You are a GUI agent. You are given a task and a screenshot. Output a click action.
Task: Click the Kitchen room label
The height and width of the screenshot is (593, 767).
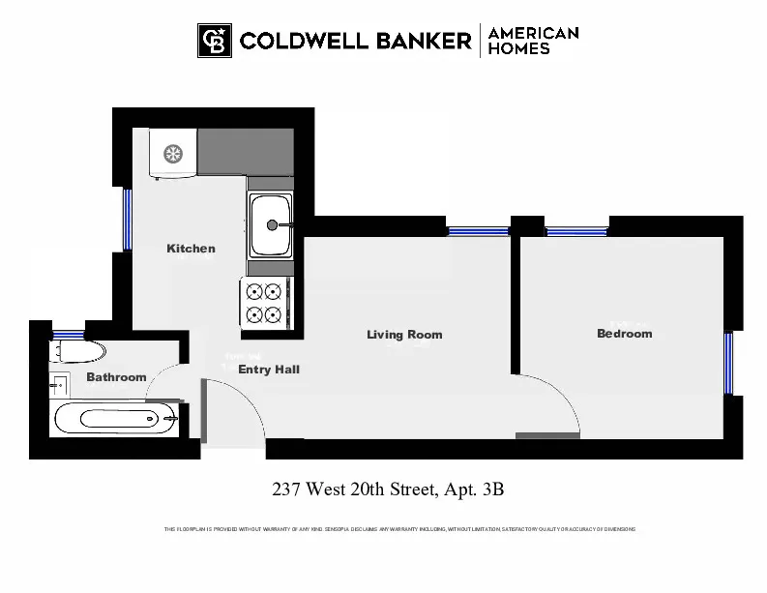click(x=191, y=249)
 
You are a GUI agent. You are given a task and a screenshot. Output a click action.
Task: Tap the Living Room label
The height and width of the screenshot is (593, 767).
click(x=404, y=335)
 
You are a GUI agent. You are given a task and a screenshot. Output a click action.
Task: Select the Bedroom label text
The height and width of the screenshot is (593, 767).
click(x=624, y=334)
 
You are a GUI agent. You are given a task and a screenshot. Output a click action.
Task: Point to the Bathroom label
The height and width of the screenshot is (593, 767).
click(x=116, y=377)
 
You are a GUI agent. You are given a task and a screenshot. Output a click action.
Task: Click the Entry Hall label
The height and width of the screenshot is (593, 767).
click(x=269, y=370)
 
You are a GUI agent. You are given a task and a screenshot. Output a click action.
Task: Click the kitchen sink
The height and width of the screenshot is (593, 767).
click(x=272, y=224)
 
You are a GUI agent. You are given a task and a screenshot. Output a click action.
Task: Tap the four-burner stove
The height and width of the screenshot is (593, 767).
click(x=264, y=302)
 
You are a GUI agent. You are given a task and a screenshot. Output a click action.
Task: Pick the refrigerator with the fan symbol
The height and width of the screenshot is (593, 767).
click(x=173, y=154)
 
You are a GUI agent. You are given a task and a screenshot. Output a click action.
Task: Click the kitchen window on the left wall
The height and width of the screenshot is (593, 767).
click(x=127, y=220)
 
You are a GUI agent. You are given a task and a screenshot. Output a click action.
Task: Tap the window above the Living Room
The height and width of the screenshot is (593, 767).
click(x=478, y=231)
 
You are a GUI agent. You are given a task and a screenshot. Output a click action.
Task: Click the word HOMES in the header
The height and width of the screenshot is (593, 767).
click(x=518, y=48)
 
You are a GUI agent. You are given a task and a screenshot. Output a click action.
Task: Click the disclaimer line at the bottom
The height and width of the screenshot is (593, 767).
click(x=399, y=529)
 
